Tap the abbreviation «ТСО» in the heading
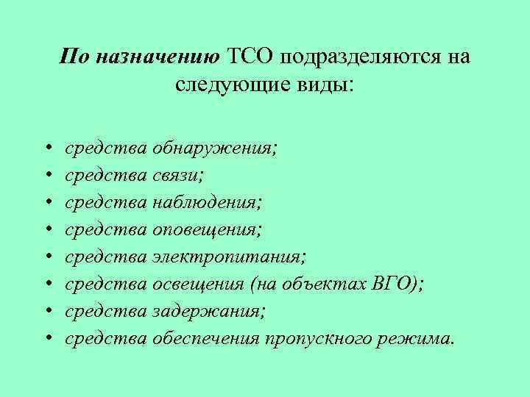click(x=250, y=57)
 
